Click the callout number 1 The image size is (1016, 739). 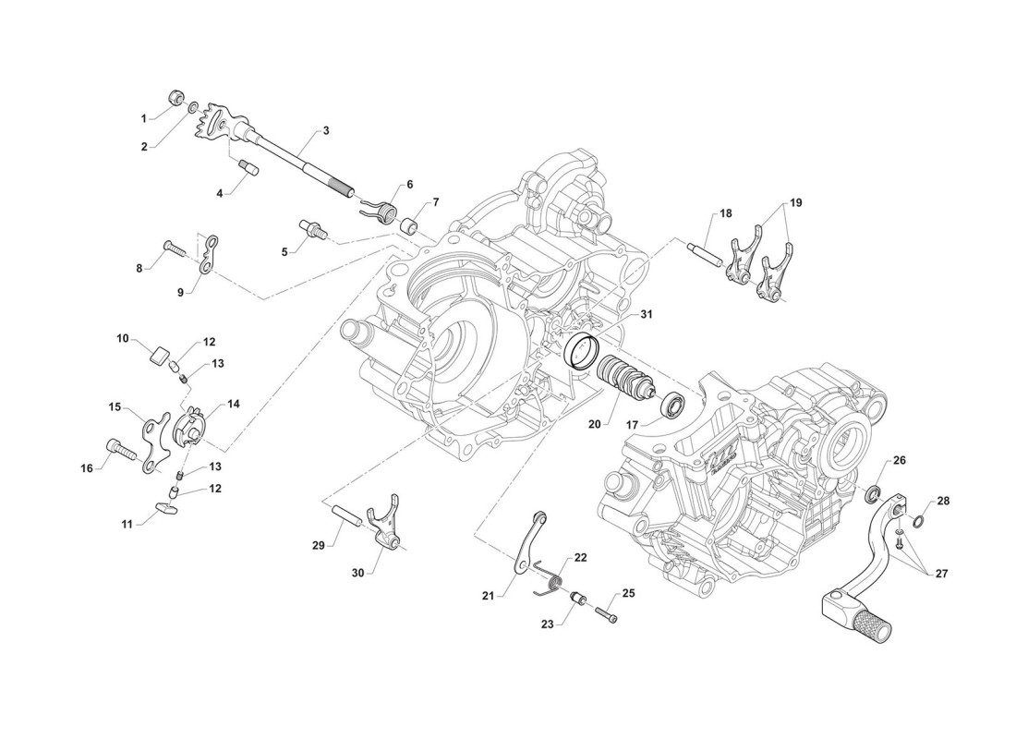144,118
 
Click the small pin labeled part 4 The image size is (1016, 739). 248,166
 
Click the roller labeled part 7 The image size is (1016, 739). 407,224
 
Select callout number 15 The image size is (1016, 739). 115,406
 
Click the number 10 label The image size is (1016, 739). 123,339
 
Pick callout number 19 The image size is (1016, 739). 796,202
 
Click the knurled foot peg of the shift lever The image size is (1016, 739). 874,627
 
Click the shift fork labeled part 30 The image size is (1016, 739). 387,526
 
